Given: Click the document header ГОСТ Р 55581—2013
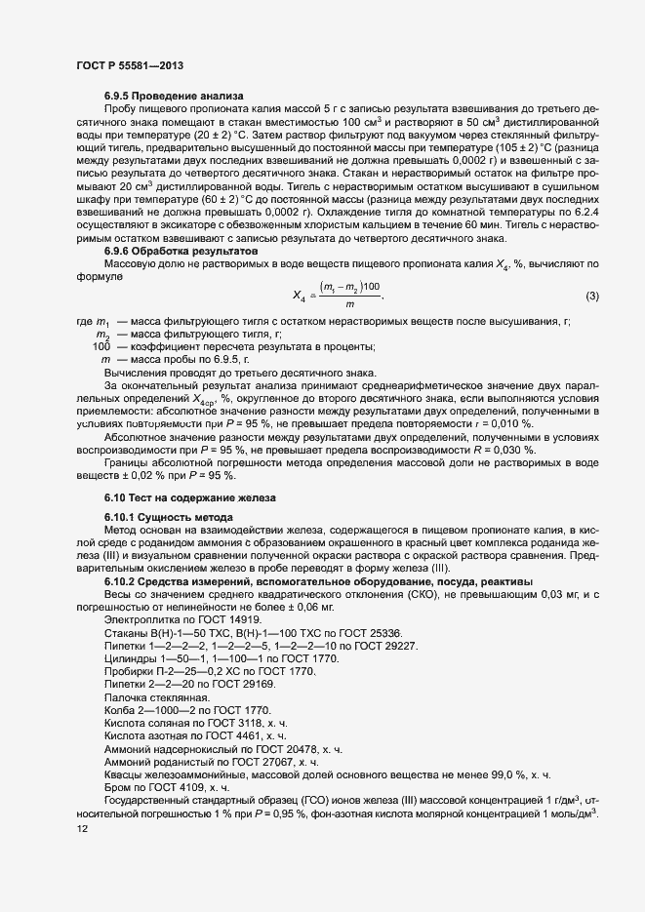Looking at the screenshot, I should click(129, 64).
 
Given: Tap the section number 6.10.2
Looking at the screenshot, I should click(123, 581).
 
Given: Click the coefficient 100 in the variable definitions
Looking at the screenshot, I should click(101, 346).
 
